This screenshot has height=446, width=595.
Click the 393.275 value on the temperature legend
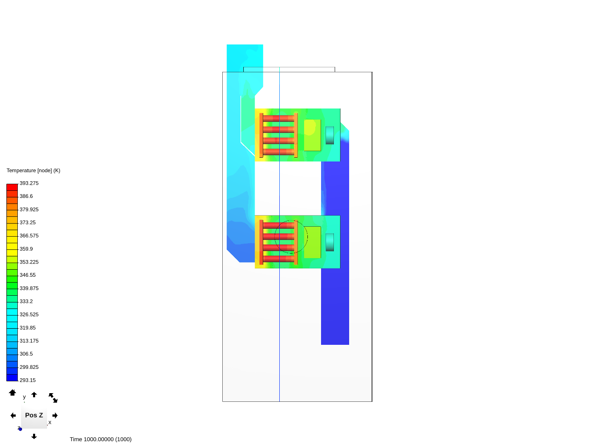pyautogui.click(x=29, y=183)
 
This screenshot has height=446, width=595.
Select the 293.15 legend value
pyautogui.click(x=28, y=380)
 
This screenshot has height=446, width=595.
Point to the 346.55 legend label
pyautogui.click(x=28, y=275)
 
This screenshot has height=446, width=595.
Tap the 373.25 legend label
pyautogui.click(x=28, y=223)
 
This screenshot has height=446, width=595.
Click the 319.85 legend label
pyautogui.click(x=28, y=328)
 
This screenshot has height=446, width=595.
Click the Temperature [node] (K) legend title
pyautogui.click(x=33, y=171)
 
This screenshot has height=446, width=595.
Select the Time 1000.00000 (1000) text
pyautogui.click(x=100, y=439)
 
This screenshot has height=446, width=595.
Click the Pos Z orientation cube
pyautogui.click(x=34, y=415)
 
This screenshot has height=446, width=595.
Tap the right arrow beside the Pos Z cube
pyautogui.click(x=55, y=415)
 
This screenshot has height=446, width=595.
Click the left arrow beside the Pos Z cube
pyautogui.click(x=13, y=415)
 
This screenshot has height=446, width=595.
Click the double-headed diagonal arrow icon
pyautogui.click(x=53, y=398)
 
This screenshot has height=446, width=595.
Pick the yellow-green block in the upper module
pyautogui.click(x=312, y=135)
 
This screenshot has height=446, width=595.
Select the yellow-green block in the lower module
pyautogui.click(x=312, y=242)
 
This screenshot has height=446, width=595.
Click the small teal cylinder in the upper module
pyautogui.click(x=330, y=135)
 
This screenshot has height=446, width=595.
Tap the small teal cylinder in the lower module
pyautogui.click(x=330, y=242)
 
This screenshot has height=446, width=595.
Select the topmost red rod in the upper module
pyautogui.click(x=278, y=119)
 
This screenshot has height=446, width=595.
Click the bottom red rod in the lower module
pyautogui.click(x=278, y=259)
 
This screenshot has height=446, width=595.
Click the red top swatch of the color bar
pyautogui.click(x=12, y=187)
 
